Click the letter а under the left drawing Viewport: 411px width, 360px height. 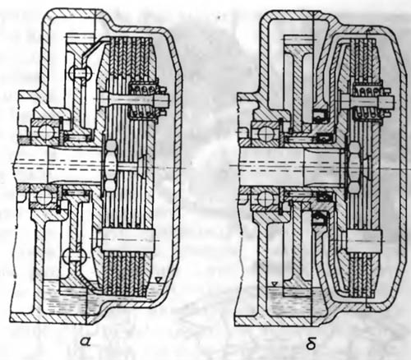[x=85, y=342]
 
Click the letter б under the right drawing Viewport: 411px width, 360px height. [x=312, y=342]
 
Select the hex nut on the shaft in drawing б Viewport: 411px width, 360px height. [x=355, y=166]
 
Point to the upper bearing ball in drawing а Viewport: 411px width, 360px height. [x=45, y=133]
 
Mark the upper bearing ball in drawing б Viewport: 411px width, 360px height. [x=266, y=134]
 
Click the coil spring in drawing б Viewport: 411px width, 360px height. [x=368, y=101]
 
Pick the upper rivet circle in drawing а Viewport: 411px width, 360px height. [x=80, y=73]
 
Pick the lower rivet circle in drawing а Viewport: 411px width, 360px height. [x=72, y=256]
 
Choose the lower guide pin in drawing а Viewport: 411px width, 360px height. [x=128, y=240]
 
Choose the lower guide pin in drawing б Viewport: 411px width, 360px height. [x=364, y=241]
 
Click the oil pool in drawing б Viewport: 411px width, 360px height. [x=296, y=301]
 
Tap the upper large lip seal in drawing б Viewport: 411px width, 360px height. [x=321, y=116]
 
